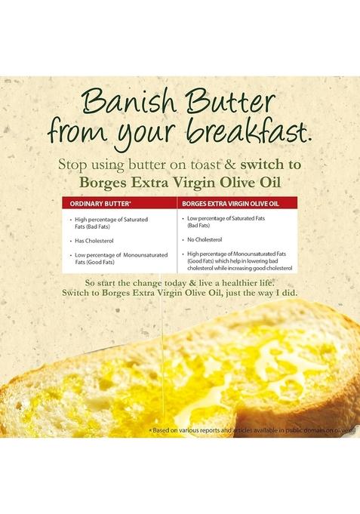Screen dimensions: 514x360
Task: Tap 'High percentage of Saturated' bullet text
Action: coord(110,219)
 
